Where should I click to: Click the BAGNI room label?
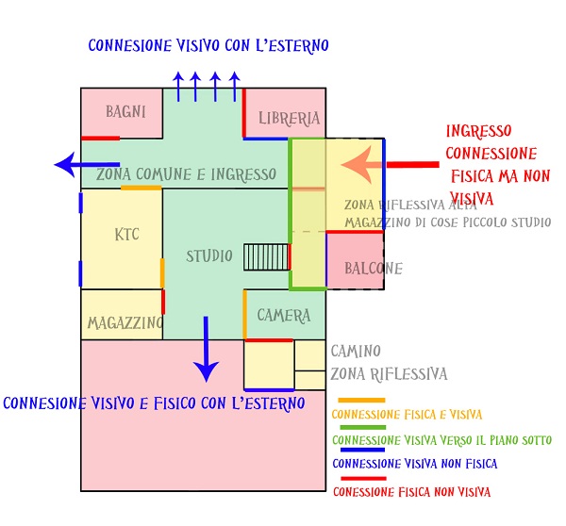pos(125,112)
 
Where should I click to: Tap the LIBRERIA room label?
pos(290,119)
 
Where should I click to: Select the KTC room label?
pos(126,234)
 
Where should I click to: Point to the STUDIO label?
pos(208,256)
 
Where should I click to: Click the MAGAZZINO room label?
pos(125,323)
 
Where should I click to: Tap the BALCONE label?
pos(373,269)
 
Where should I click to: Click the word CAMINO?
pos(357,352)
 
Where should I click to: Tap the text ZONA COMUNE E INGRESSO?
pos(186,175)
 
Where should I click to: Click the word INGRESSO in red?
pos(478,132)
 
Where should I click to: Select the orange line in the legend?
pos(360,400)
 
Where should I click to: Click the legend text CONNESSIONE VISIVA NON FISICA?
pos(414,464)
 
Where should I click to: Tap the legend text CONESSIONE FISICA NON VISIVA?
pos(411,491)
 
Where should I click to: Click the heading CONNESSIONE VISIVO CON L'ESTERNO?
pos(208,45)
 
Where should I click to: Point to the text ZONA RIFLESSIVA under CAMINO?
pos(389,374)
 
